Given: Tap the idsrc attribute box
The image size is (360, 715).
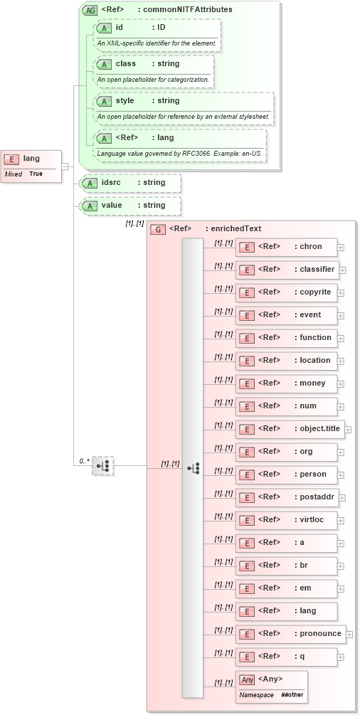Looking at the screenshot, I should [x=131, y=183].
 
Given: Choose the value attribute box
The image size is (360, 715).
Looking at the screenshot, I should [x=131, y=206].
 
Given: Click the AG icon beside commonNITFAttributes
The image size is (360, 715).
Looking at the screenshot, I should [x=90, y=10].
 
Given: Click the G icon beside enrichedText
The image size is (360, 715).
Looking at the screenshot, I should [x=157, y=229].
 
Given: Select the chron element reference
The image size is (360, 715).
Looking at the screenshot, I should [x=286, y=247].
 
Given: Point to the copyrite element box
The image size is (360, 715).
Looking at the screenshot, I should [x=286, y=292].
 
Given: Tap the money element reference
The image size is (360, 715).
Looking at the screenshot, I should [x=286, y=383].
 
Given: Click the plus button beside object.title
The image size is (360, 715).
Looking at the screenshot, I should [x=348, y=429].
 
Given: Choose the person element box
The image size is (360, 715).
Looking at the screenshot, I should [x=286, y=475].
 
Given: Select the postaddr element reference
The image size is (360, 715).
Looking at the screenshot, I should [x=290, y=497].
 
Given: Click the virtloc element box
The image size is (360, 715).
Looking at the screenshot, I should [x=286, y=520].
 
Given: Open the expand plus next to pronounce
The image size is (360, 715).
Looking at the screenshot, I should [x=349, y=634].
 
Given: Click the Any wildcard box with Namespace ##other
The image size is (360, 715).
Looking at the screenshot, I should [x=271, y=687].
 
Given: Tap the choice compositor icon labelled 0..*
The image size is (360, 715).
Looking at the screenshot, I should [x=103, y=466].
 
